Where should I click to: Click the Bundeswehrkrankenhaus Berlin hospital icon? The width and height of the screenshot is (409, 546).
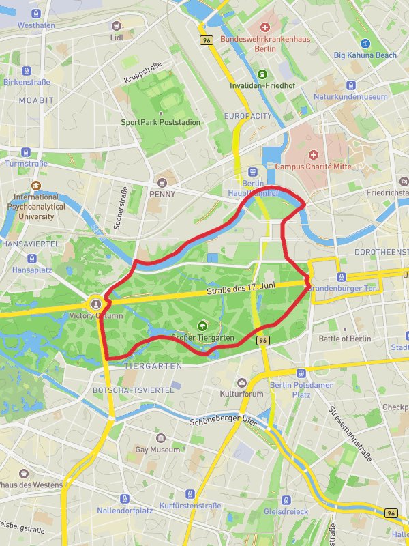click(267, 27)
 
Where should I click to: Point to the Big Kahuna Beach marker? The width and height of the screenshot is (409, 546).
click(365, 43)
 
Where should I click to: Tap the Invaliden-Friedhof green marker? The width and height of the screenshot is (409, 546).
click(262, 74)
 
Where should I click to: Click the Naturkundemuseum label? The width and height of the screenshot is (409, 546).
click(350, 97)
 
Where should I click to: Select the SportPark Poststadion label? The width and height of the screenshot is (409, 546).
click(160, 122)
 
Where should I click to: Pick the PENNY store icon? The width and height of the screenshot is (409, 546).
click(162, 182)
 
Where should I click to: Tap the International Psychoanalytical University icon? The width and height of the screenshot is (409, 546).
click(35, 185)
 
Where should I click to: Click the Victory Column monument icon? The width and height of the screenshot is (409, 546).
click(96, 304)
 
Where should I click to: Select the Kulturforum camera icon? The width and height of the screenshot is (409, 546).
click(241, 383)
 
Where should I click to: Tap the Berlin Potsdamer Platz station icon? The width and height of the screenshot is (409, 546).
click(301, 373)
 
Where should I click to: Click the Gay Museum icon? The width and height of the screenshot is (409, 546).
click(157, 438)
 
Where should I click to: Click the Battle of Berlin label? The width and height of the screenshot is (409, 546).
click(344, 339)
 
